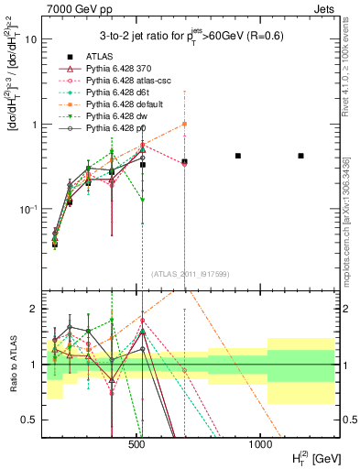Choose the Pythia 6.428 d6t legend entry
coord(120,93)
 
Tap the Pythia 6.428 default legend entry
coord(125,104)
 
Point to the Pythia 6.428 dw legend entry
coord(119,116)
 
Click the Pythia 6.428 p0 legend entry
coord(119,128)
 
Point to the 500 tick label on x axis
coord(137,444)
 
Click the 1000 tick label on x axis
coord(260,444)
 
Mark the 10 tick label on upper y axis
coord(28,39)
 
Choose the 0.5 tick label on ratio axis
coord(25,420)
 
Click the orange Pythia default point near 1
coord(184,124)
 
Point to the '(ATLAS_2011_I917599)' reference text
coord(189,275)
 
